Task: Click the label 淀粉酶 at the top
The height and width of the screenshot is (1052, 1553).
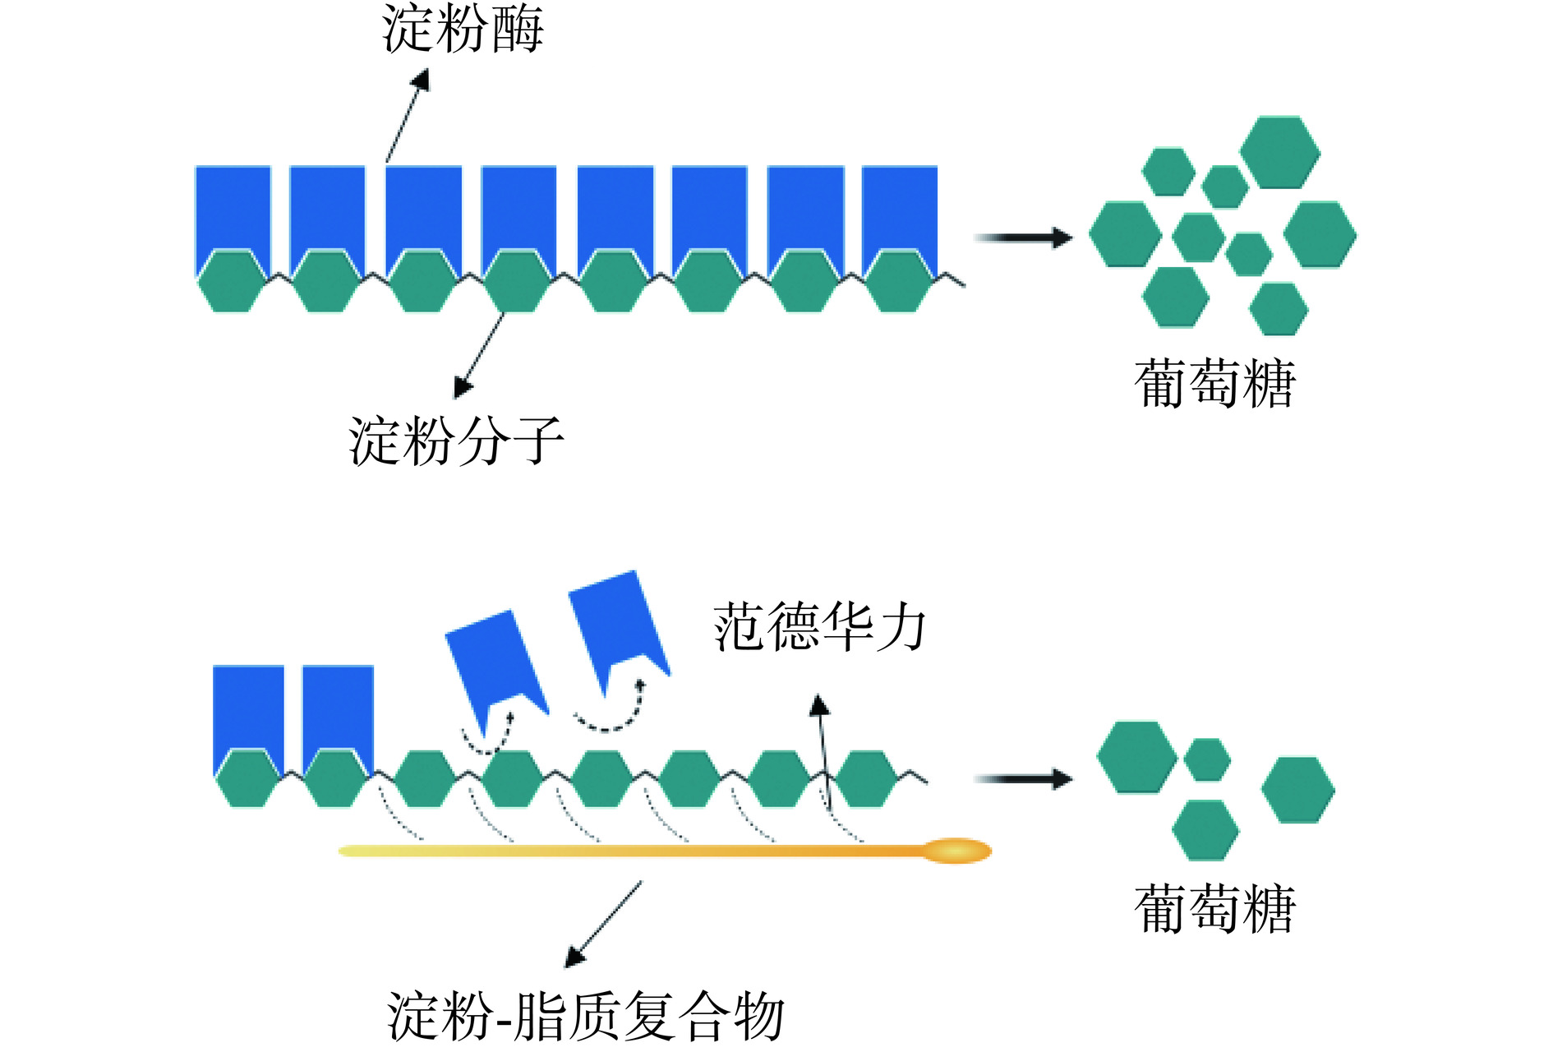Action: (x=463, y=30)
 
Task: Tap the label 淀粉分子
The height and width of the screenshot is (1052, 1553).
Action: (x=456, y=441)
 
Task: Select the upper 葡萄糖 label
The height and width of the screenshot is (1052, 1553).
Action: (x=1214, y=384)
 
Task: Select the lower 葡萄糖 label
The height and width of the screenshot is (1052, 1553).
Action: (x=1214, y=909)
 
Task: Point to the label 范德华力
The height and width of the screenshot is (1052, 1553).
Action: (x=819, y=627)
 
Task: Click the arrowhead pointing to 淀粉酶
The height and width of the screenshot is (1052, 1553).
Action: (x=422, y=80)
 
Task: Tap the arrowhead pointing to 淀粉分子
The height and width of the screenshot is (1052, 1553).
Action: (x=463, y=388)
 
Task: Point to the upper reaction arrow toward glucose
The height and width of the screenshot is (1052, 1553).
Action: (x=1023, y=238)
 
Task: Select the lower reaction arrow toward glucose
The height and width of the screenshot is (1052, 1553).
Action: (x=1023, y=778)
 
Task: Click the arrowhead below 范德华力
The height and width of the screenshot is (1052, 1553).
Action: (x=818, y=704)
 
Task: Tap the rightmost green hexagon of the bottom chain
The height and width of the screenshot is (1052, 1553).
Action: (x=866, y=779)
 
